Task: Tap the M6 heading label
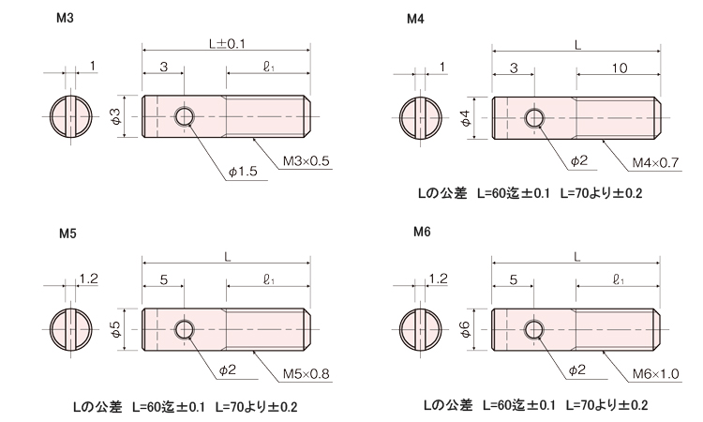pos(422,234)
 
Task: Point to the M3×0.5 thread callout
pos(307,161)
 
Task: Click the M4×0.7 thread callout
pos(654,162)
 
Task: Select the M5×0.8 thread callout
pos(307,372)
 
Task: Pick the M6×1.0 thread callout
pos(654,372)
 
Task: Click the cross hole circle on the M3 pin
pos(185,116)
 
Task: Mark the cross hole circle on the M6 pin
pos(535,328)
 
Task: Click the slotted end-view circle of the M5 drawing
pos(72,329)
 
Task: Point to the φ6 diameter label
pos(466,328)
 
